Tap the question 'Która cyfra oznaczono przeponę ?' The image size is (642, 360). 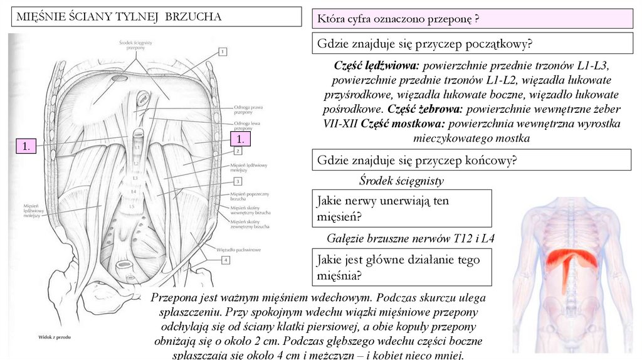[x=399, y=19]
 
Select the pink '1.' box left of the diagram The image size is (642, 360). [x=26, y=146]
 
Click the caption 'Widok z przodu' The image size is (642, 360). [x=55, y=337]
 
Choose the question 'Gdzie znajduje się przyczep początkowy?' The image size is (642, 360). [x=425, y=44]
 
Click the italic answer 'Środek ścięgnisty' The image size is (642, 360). [x=401, y=181]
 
